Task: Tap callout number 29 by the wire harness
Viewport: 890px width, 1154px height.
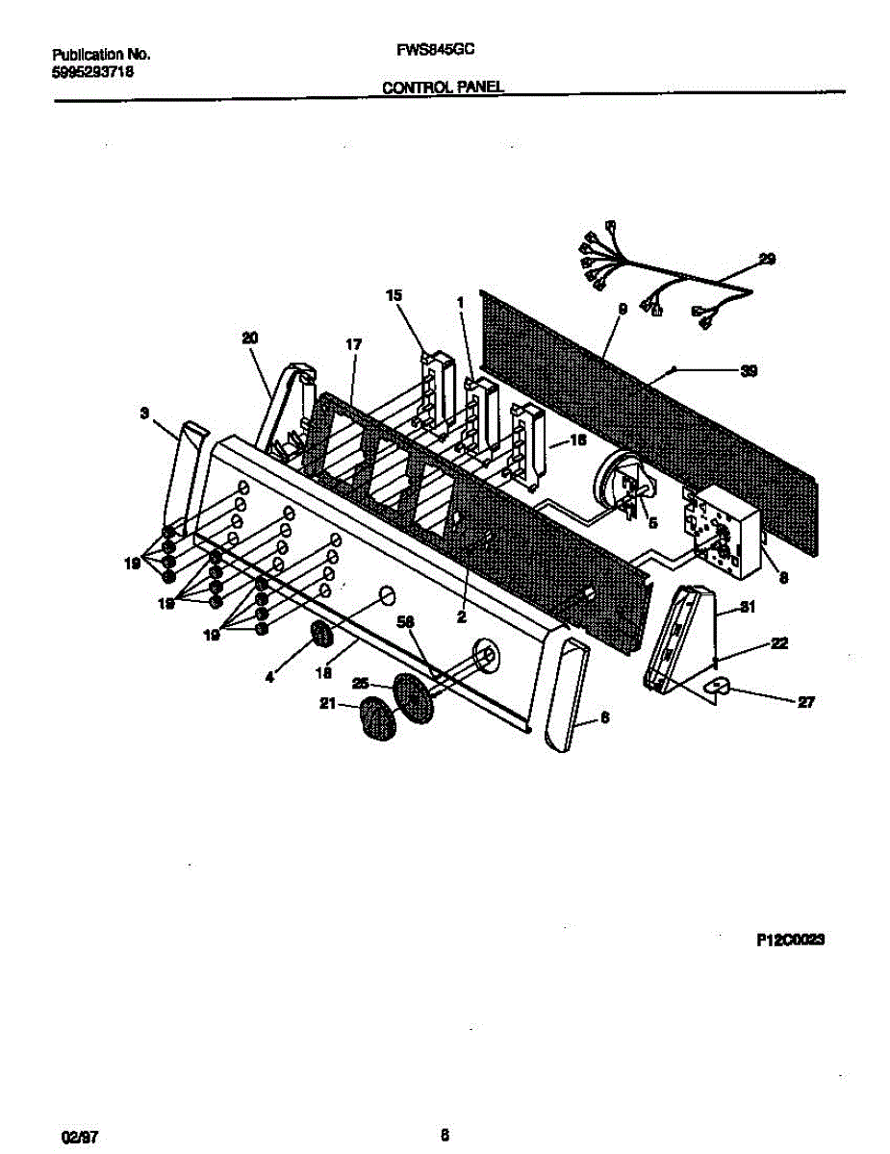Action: pos(767,259)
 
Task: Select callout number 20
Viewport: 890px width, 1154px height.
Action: pos(250,338)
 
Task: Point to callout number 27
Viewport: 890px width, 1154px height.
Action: pos(806,703)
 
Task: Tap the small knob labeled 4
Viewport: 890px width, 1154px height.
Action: pos(321,636)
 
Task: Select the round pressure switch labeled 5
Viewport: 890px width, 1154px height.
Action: pos(620,482)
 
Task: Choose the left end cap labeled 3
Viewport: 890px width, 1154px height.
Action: pos(184,471)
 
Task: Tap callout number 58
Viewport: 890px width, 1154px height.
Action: pos(405,622)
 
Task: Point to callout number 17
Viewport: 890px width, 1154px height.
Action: pos(353,343)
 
